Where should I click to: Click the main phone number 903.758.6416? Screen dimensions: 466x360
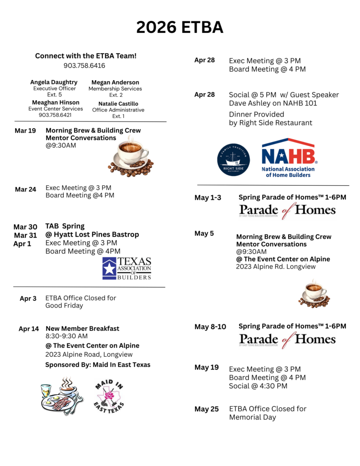coord(84,66)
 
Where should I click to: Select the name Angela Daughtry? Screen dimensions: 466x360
coord(54,82)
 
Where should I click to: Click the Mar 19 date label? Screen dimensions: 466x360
coord(25,131)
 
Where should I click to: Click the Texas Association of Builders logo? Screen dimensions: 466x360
coord(127,268)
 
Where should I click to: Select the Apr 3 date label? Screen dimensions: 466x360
coord(28,299)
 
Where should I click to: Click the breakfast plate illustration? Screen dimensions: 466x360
coord(61,395)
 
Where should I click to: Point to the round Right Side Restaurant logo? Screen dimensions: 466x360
coord(233,160)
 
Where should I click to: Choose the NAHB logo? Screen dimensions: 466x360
coord(289,157)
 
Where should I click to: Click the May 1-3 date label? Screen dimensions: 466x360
coord(208,198)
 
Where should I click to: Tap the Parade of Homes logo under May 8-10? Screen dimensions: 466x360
coord(287,339)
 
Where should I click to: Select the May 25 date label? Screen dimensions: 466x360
coord(207,409)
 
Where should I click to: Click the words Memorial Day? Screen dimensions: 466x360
coord(252,417)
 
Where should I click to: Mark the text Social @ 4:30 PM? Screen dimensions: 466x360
coord(258,386)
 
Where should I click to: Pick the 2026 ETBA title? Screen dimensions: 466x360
coord(180,28)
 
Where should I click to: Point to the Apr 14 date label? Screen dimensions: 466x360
coord(29,329)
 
